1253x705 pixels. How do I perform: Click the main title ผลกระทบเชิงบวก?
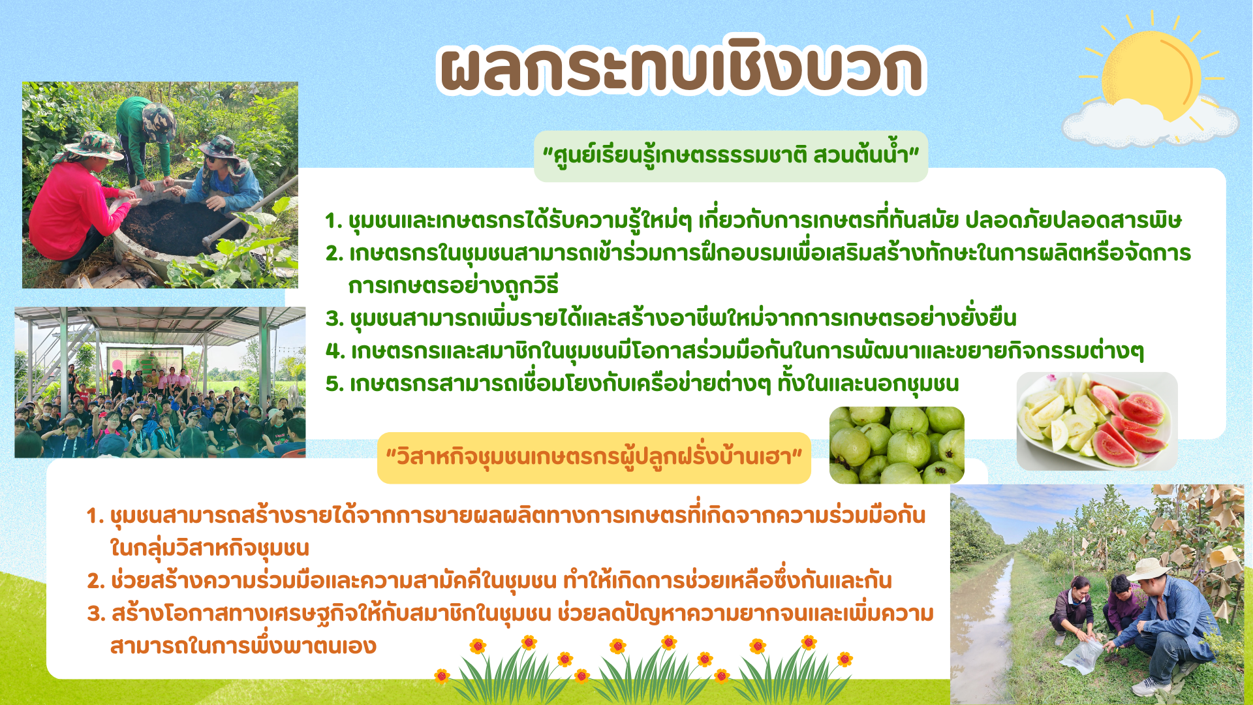click(682, 68)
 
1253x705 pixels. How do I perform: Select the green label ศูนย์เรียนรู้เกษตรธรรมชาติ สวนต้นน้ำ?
click(731, 155)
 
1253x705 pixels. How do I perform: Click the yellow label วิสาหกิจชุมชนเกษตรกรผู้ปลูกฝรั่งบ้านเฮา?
click(594, 458)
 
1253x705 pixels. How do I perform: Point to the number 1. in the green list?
click(333, 221)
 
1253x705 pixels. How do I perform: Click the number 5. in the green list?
click(335, 384)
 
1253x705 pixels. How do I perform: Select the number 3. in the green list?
click(335, 319)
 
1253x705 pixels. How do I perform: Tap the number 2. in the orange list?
click(96, 581)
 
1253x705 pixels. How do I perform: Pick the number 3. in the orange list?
click(96, 614)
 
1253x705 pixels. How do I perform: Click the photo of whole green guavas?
click(897, 445)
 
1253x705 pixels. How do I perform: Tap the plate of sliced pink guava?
click(1097, 421)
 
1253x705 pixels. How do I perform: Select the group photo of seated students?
click(160, 382)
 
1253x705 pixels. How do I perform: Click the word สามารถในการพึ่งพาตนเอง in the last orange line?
click(243, 646)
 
